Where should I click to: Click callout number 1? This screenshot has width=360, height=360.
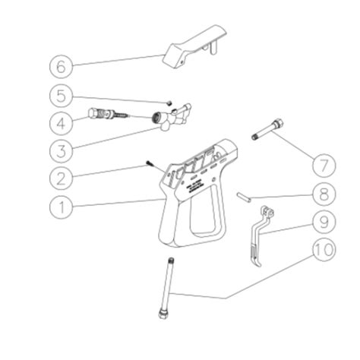[x=63, y=205]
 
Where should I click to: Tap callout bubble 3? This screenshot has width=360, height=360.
[x=63, y=150]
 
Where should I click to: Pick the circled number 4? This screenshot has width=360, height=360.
[x=63, y=122]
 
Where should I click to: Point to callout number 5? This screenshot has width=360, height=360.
[x=63, y=95]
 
